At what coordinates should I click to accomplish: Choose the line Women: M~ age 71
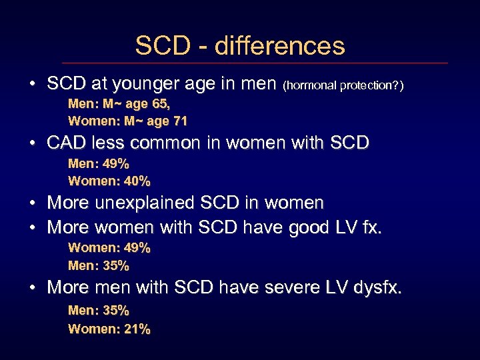point(127,121)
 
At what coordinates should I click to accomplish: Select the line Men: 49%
point(99,164)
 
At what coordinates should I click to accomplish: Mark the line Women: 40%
point(109,181)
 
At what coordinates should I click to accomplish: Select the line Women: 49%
point(109,248)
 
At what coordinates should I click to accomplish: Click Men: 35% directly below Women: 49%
point(99,265)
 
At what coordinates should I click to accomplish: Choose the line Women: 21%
point(109,329)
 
